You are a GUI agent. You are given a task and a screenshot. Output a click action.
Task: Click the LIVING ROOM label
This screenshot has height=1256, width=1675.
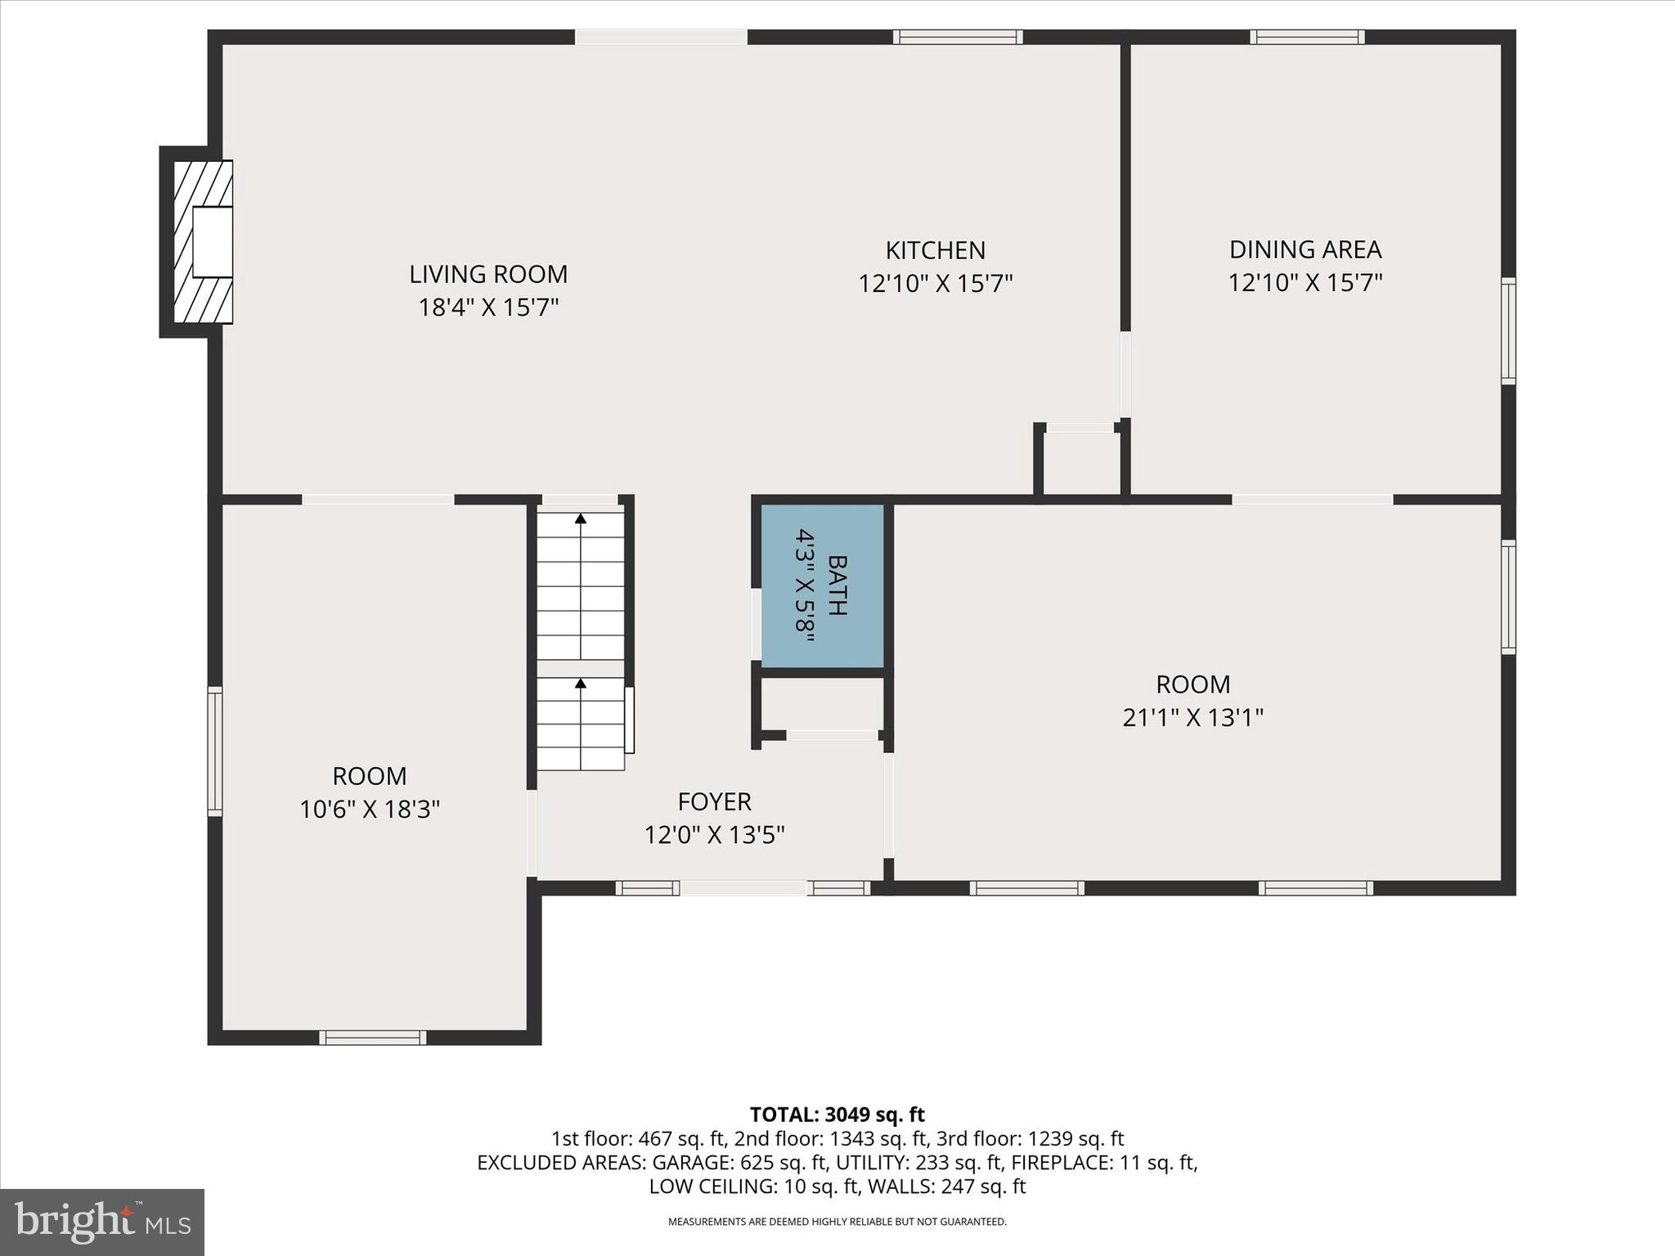click(x=488, y=274)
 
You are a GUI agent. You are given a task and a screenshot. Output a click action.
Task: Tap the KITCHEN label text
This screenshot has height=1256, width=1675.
click(x=936, y=250)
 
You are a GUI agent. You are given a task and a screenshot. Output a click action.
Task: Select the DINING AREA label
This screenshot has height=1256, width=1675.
click(x=1305, y=249)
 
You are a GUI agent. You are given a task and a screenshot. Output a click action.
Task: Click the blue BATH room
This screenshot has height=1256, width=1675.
click(x=822, y=585)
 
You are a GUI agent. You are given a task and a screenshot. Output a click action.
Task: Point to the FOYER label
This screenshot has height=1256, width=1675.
click(x=714, y=801)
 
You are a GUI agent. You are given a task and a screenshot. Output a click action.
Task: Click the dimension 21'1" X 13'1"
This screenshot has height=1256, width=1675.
click(x=1192, y=718)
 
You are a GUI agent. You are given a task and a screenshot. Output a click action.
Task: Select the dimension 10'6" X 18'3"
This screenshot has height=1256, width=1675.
click(x=370, y=810)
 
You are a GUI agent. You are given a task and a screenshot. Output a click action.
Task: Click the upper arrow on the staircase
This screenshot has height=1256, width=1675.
click(x=581, y=518)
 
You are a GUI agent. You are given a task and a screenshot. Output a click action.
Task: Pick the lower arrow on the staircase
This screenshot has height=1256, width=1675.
click(x=581, y=683)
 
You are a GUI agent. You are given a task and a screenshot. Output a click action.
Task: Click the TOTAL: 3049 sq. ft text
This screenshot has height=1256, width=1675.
click(x=837, y=1115)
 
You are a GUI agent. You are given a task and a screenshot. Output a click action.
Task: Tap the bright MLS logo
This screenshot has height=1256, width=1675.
click(x=101, y=1222)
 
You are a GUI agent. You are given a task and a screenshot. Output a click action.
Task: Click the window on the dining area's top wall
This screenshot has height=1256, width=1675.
click(x=1307, y=37)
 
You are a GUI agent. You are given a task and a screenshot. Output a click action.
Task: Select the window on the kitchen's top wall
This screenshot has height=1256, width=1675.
click(x=958, y=37)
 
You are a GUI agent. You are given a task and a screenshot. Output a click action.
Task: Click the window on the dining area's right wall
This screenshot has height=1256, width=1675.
click(x=1508, y=330)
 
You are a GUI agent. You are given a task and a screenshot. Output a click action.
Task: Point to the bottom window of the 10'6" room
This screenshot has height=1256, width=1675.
click(x=372, y=1038)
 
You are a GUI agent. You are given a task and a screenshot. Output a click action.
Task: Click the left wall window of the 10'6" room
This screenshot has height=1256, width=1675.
click(x=215, y=751)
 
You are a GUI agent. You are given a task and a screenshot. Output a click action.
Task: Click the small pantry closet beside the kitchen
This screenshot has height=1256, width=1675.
click(x=1081, y=462)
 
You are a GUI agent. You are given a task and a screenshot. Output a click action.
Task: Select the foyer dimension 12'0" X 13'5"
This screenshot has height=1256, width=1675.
click(x=714, y=835)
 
